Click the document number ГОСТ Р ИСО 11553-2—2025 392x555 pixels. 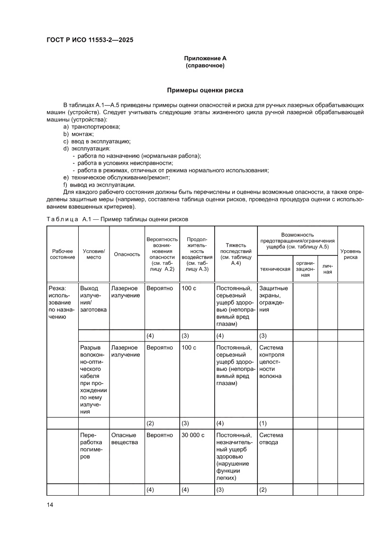tap(90, 40)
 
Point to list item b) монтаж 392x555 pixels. tap(78, 134)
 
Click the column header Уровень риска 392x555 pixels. tap(350, 254)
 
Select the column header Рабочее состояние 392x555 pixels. tap(62, 254)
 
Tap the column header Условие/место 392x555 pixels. tap(94, 254)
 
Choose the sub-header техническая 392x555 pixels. tap(275, 269)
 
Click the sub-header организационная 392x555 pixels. tap(305, 269)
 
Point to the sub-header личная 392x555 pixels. tap(328, 269)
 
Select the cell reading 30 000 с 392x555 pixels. tap(192, 435)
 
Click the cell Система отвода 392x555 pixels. tap(272, 439)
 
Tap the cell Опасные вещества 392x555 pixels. tap(124, 439)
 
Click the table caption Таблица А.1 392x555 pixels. tap(117, 219)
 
